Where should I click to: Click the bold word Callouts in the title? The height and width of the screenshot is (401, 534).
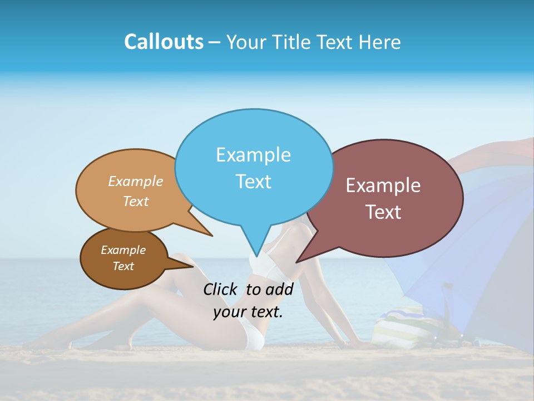(x=164, y=42)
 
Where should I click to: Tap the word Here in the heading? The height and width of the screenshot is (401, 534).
(x=380, y=42)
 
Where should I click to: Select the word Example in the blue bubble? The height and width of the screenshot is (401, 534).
(x=253, y=155)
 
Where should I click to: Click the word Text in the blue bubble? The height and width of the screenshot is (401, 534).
(x=253, y=182)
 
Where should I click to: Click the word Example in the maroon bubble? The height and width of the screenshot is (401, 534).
(x=383, y=185)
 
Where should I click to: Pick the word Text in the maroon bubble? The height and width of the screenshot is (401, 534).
(x=383, y=212)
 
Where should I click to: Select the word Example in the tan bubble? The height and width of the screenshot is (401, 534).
(x=136, y=182)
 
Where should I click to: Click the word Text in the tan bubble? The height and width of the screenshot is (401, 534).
(x=136, y=201)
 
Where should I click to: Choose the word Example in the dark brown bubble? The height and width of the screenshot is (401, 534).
(x=123, y=250)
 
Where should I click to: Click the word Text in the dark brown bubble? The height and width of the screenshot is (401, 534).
(x=123, y=266)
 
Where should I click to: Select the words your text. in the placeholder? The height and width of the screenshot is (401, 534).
(x=248, y=312)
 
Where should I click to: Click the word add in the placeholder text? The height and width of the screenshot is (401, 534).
(x=280, y=289)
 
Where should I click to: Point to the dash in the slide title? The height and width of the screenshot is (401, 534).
(x=215, y=42)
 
